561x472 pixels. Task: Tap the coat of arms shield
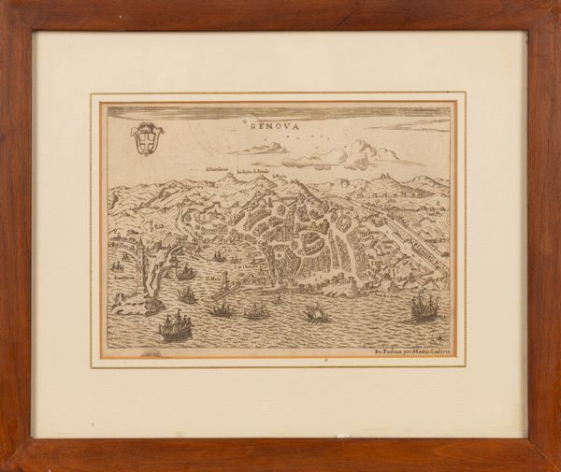(x=146, y=139)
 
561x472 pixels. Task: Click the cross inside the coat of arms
(x=146, y=138)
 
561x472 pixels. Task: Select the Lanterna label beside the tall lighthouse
(x=123, y=278)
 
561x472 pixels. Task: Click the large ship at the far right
(x=424, y=306)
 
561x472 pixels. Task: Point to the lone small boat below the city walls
(x=316, y=314)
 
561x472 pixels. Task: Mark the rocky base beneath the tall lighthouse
(x=140, y=303)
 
